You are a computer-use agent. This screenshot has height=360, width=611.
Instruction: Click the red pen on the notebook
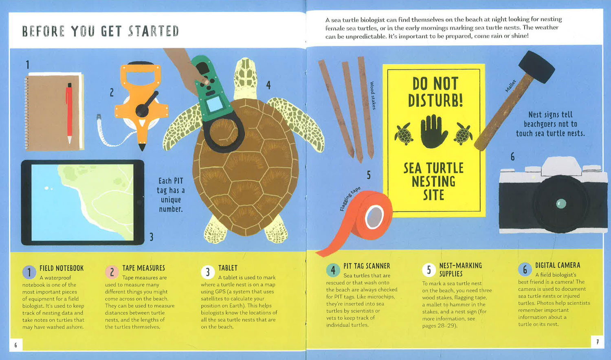coord(69,113)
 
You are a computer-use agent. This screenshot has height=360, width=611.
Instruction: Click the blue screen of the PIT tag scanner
coord(215,104)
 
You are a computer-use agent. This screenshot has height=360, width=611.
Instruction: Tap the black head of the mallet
coord(536,67)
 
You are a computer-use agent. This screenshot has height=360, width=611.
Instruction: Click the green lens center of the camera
coord(561,204)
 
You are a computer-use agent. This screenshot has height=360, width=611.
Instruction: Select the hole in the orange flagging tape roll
coord(374,217)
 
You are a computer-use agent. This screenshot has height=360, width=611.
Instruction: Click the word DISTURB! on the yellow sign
coord(435,100)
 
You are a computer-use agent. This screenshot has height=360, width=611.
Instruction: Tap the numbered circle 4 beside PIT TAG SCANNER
coord(333,270)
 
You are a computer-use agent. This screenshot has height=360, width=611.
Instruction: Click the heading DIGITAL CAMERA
coord(558,266)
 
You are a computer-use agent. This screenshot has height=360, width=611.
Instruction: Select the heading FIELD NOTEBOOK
coord(62,268)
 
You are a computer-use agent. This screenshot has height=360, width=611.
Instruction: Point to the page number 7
coord(598,342)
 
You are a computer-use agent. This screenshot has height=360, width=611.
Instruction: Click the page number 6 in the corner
coord(15,345)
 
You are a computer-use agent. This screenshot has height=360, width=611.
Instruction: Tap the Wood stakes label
coord(373,95)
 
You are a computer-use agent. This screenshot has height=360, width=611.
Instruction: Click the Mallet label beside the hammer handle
coord(511,86)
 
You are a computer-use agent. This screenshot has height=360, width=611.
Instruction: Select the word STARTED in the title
coord(154,31)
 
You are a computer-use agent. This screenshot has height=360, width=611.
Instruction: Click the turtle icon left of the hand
coord(404,134)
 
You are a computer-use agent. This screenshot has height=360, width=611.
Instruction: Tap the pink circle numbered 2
coord(112,272)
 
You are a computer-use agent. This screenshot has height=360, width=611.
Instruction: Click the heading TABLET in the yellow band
coord(228,268)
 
